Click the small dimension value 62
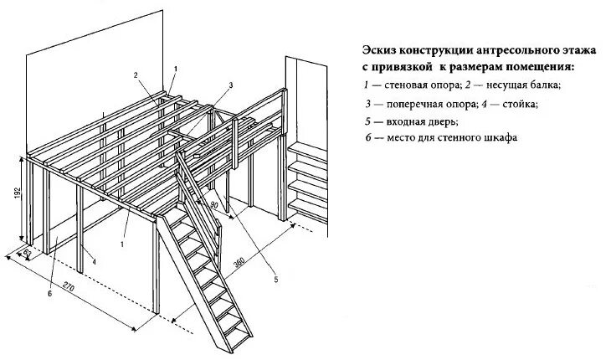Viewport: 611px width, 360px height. click(28, 249)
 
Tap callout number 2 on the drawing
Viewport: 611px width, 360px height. click(135, 75)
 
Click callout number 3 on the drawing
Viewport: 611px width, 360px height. click(230, 85)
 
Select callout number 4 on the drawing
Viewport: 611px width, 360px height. click(95, 261)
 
